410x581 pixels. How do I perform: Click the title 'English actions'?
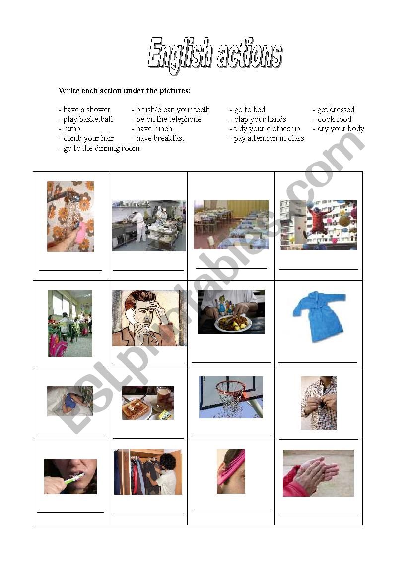(215, 54)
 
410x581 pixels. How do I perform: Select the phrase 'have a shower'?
(86, 110)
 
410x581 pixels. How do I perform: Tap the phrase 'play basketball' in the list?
(88, 119)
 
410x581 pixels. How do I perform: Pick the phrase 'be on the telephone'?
(169, 119)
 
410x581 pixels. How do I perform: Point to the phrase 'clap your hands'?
(260, 119)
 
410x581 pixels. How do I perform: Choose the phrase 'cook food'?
(335, 119)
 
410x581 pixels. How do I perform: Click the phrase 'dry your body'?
(341, 129)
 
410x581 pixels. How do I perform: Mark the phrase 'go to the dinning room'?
(101, 148)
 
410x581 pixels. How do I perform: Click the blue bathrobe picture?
(319, 317)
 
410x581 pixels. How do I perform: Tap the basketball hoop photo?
(231, 397)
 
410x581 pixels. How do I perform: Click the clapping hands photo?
(318, 473)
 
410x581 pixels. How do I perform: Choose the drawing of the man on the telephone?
(149, 318)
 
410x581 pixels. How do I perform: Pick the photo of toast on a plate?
(147, 403)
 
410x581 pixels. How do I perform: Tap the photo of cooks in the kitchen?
(149, 226)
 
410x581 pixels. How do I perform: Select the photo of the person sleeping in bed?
(70, 401)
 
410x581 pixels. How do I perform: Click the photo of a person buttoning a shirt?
(319, 403)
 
